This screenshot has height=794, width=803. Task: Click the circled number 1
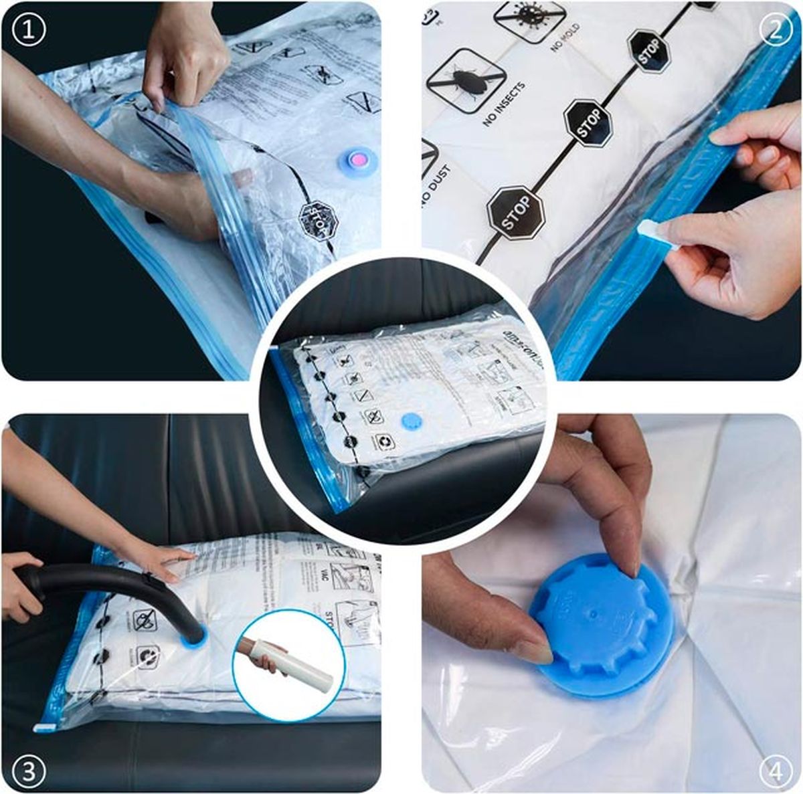point(28,30)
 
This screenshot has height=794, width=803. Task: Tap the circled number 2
point(775,30)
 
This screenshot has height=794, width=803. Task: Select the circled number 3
point(28,772)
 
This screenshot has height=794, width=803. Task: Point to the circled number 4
point(775,772)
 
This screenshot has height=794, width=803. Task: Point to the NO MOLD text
point(565,39)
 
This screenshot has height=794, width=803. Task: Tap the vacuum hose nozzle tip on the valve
point(195,635)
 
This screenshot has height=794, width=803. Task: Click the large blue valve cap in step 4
point(599,625)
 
